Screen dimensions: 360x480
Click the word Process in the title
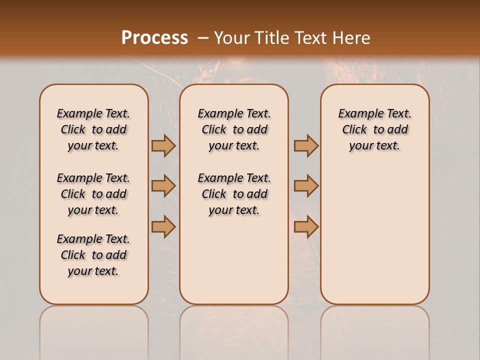click(154, 38)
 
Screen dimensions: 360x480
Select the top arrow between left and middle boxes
click(163, 145)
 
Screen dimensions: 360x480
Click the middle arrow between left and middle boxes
click(163, 186)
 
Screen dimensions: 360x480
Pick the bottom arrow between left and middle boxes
click(163, 227)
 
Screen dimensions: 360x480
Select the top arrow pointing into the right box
click(306, 145)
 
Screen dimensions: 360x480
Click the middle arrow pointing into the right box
click(306, 186)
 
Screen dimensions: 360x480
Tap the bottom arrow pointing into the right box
click(306, 227)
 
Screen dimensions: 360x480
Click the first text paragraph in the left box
click(93, 129)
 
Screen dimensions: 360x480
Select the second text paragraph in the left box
click(93, 194)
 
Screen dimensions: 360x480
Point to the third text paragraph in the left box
click(93, 255)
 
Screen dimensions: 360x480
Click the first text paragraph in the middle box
click(234, 129)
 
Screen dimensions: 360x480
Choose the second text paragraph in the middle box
click(234, 194)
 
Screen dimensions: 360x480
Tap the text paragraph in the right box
click(374, 129)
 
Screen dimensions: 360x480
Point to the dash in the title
click(203, 38)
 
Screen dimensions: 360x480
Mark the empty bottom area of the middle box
click(234, 265)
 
